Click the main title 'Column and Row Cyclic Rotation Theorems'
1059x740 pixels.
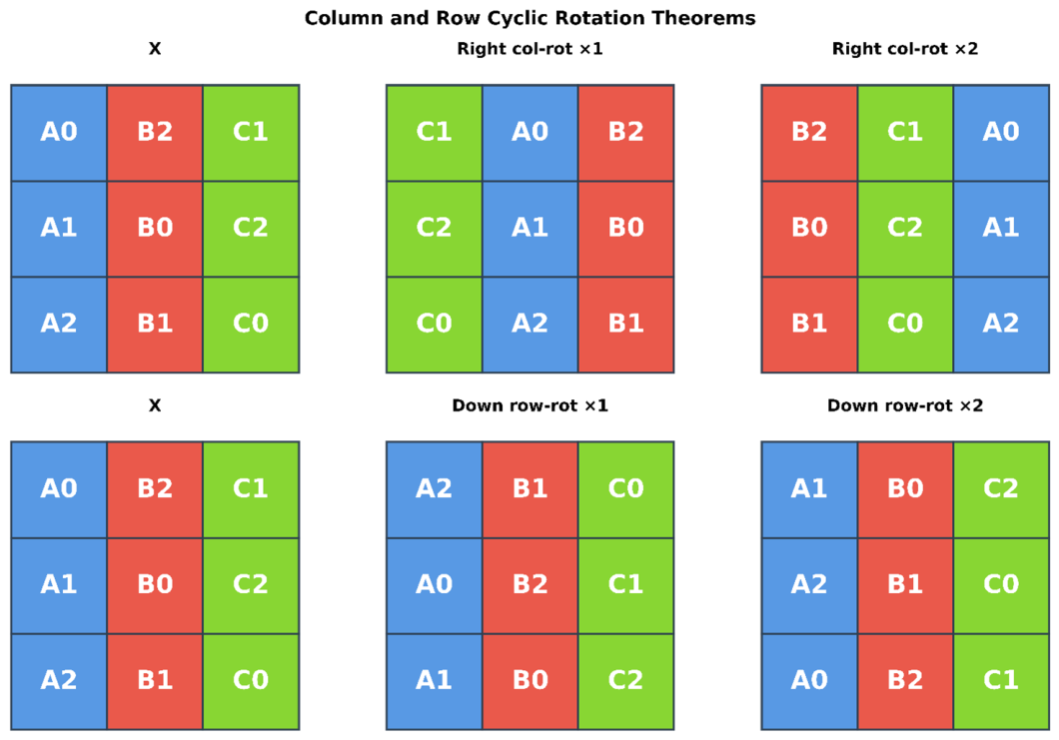(x=529, y=18)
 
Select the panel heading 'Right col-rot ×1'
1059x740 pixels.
(x=529, y=49)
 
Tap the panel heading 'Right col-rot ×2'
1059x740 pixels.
(x=905, y=49)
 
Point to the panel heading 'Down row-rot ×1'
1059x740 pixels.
(x=529, y=405)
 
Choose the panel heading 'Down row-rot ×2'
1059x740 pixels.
(x=905, y=405)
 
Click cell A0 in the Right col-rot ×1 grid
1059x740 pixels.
(x=529, y=133)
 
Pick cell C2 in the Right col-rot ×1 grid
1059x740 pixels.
(x=434, y=229)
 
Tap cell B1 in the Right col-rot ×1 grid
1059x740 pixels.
(x=625, y=325)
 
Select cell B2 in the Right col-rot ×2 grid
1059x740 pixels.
(x=809, y=133)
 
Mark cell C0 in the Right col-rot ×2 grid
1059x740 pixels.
(x=905, y=325)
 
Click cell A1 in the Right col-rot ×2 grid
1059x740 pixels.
(x=1001, y=229)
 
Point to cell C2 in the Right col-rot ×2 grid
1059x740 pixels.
(x=905, y=229)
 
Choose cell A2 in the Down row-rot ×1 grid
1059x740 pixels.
(x=434, y=489)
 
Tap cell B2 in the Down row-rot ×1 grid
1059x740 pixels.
(x=529, y=585)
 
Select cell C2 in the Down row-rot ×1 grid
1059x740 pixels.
(x=625, y=681)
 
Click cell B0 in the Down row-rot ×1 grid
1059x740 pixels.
(x=529, y=681)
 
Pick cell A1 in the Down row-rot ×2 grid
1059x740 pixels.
(x=809, y=489)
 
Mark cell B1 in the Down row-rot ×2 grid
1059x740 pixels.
(x=905, y=585)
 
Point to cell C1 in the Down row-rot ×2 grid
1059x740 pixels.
(x=1001, y=681)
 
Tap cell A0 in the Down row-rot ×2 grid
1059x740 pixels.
(x=809, y=681)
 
